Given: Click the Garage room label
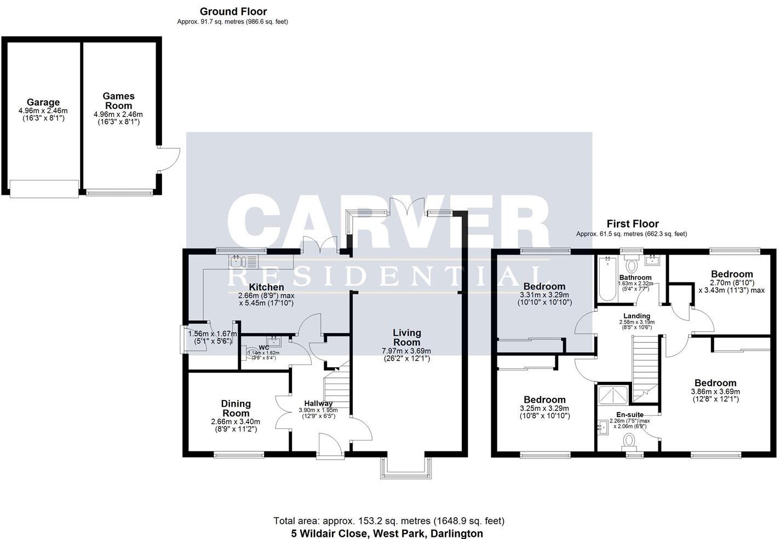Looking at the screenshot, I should click(x=43, y=102).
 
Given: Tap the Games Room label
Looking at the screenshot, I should click(x=118, y=101).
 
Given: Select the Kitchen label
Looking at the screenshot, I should click(x=266, y=287).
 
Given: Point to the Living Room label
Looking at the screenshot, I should click(x=406, y=337).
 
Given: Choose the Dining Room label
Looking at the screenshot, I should click(x=236, y=408).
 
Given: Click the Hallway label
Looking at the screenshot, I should click(x=318, y=403).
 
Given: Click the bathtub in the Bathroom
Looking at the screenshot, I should click(x=607, y=279).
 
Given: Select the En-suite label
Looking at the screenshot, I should click(x=629, y=415).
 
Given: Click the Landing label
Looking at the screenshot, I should click(x=636, y=316).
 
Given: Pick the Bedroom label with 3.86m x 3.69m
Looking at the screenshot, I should click(x=715, y=383).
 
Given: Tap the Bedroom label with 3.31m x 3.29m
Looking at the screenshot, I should click(x=544, y=286).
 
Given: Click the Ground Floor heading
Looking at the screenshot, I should click(x=233, y=11).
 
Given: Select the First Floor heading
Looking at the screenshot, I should click(x=632, y=224).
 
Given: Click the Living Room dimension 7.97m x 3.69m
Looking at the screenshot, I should click(x=406, y=351).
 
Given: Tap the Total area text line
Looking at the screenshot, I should click(x=389, y=521).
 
